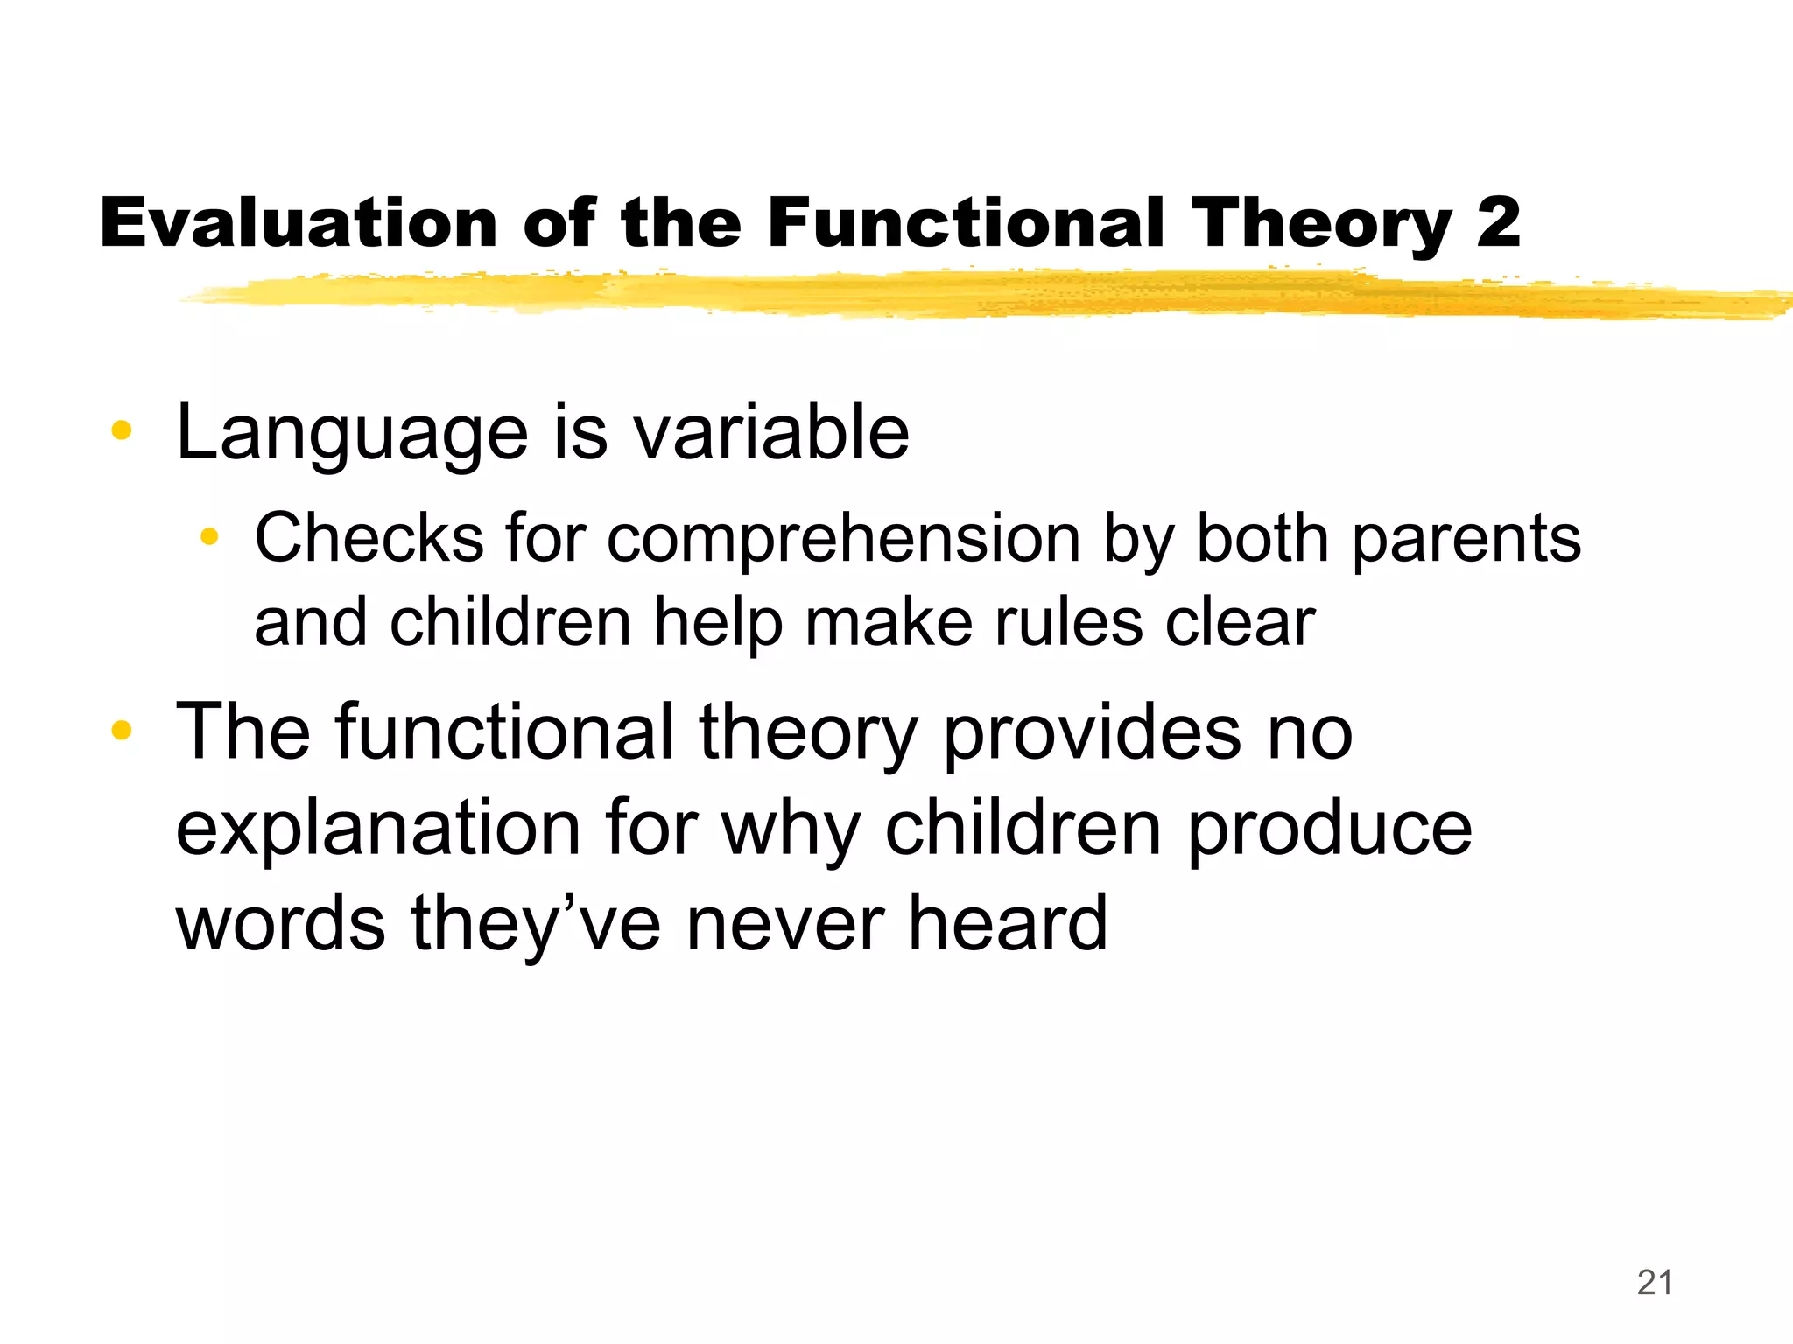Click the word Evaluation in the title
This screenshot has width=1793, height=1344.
click(298, 223)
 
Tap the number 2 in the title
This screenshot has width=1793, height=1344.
click(1498, 223)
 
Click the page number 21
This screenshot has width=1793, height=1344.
click(1655, 1283)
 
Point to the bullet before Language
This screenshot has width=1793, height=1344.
click(121, 430)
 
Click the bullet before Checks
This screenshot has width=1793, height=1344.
click(208, 536)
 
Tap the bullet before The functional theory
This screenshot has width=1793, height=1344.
click(121, 730)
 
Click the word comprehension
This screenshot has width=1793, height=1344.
click(844, 541)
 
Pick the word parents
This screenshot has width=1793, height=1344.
click(1466, 541)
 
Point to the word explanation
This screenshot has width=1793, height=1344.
click(378, 829)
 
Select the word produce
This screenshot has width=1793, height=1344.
click(1329, 829)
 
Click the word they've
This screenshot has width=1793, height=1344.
click(536, 924)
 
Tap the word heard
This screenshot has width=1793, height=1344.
click(1007, 924)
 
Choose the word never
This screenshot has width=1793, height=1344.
click(784, 924)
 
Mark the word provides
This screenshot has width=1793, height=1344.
click(1091, 733)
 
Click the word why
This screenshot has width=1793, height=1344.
click(791, 829)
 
